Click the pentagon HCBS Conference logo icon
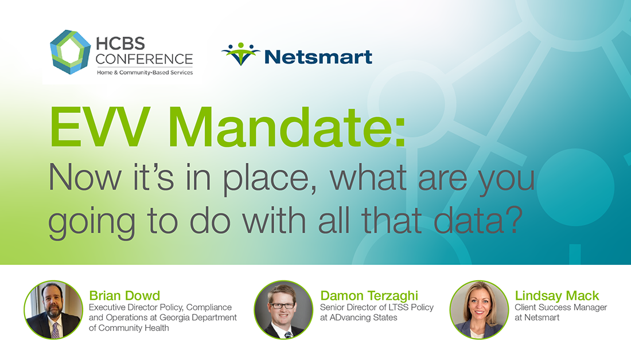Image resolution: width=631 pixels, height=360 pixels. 71,52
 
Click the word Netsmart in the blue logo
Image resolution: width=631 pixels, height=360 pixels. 318,57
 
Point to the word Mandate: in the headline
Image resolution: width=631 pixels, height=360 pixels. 287,127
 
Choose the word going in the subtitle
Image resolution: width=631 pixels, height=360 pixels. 92,223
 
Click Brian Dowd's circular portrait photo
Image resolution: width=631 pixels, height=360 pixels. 53,310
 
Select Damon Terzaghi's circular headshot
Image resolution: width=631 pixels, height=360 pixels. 283,310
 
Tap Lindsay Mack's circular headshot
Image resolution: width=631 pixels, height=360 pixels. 479,310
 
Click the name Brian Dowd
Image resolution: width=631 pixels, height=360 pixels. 124,296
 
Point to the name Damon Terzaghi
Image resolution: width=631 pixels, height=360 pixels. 369,296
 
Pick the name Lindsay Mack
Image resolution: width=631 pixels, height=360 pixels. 557,296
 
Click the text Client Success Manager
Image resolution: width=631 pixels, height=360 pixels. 560,307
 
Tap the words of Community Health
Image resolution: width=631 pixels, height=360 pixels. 128,328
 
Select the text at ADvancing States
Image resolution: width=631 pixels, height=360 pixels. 359,318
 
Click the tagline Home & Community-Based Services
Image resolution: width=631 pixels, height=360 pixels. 145,72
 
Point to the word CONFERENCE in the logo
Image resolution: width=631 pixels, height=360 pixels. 144,59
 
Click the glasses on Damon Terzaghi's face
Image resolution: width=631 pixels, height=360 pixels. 283,306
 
